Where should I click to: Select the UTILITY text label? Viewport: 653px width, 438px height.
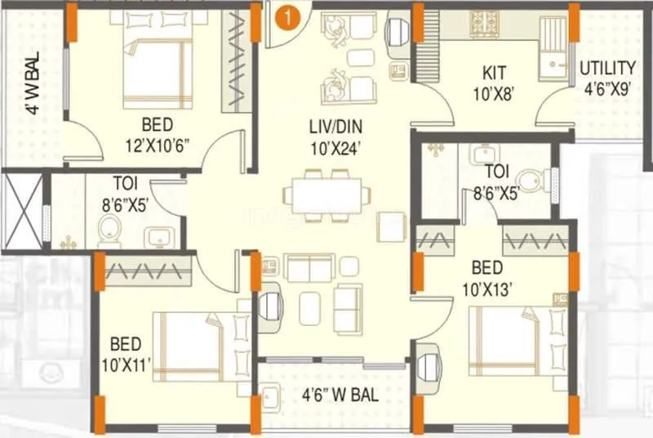[607, 68]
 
